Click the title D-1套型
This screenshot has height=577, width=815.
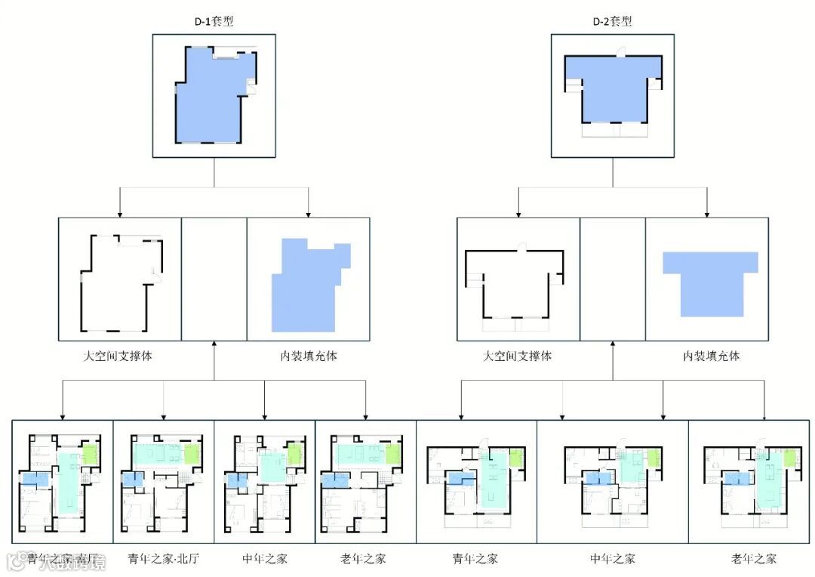(214, 21)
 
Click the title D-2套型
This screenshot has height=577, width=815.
(611, 21)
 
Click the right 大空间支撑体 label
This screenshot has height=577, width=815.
(517, 356)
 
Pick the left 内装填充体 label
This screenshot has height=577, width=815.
(309, 356)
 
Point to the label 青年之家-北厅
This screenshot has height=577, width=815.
(163, 559)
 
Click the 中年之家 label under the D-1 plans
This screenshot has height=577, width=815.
(265, 559)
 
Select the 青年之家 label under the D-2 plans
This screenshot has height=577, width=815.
(475, 559)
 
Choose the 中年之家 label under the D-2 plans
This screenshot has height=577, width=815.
(612, 559)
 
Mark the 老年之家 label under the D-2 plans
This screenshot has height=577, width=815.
(753, 559)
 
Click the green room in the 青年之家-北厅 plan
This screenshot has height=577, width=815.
(192, 454)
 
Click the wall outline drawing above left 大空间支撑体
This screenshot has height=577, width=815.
(121, 282)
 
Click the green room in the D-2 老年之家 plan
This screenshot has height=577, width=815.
(791, 458)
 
